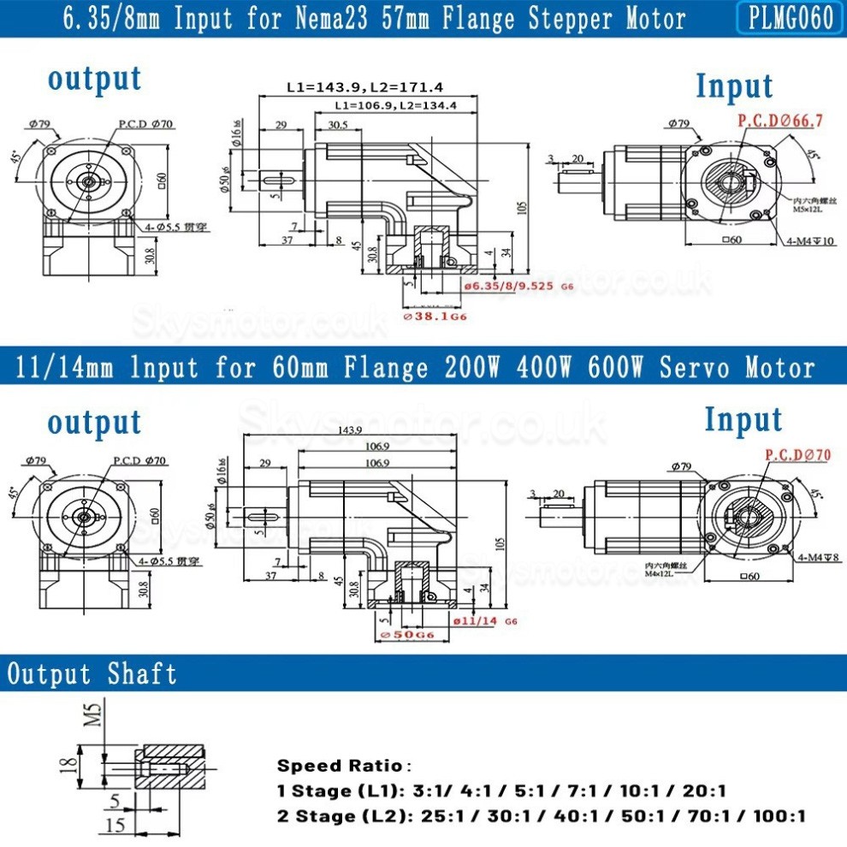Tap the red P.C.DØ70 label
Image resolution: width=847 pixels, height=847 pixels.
pos(797,455)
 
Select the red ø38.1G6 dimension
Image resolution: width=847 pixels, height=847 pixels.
pos(435,316)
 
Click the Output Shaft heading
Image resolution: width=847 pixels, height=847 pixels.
pos(92,674)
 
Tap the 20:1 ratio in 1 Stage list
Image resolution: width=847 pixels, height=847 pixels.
pos(705,791)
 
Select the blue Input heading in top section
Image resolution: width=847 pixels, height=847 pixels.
pos(733,86)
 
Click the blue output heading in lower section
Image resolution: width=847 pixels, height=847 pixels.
pos(94,422)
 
